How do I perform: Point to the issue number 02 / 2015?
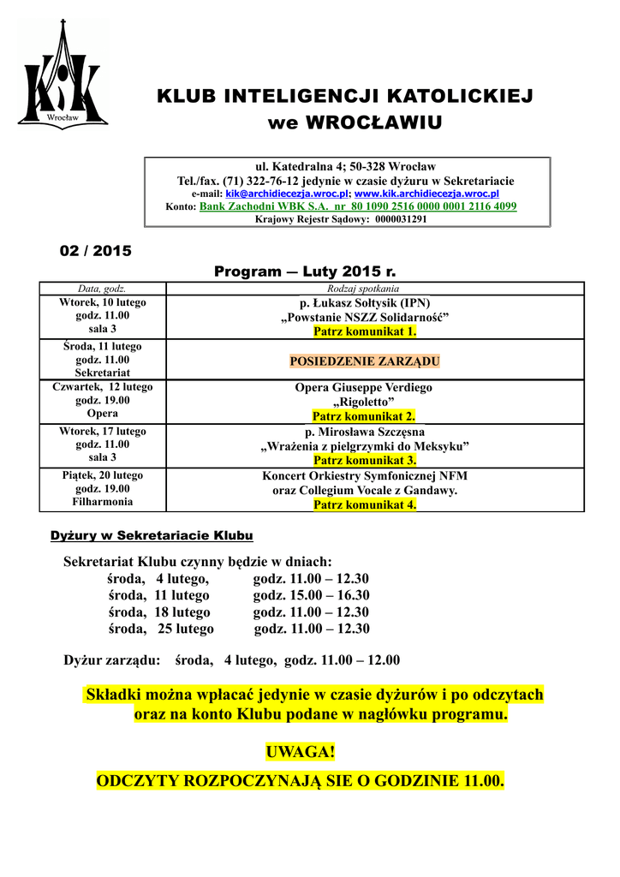pyautogui.click(x=94, y=251)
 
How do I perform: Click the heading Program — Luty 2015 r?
pyautogui.click(x=305, y=271)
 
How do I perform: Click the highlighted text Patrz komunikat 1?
pyautogui.click(x=365, y=331)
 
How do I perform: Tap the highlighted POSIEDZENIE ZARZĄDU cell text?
pyautogui.click(x=365, y=361)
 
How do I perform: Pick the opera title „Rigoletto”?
pyautogui.click(x=364, y=402)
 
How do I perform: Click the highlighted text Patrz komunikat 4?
pyautogui.click(x=365, y=504)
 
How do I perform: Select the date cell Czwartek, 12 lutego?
pyautogui.click(x=103, y=387)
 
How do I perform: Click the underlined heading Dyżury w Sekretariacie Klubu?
pyautogui.click(x=152, y=536)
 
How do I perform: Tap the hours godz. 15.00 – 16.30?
pyautogui.click(x=311, y=595)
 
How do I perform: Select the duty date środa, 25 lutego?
pyautogui.click(x=161, y=629)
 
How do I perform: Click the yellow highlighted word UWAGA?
pyautogui.click(x=301, y=752)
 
